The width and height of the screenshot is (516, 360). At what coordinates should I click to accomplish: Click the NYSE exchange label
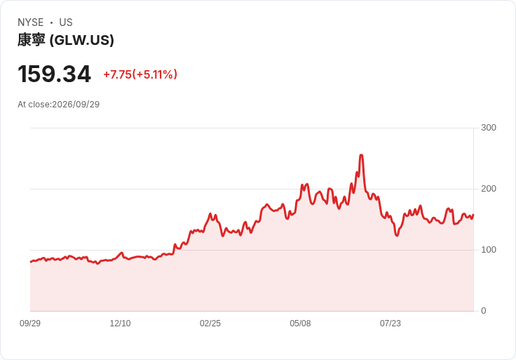[x=31, y=22]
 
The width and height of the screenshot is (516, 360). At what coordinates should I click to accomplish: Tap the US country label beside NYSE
[x=66, y=22]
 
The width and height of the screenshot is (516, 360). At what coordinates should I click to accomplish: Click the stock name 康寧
[x=32, y=40]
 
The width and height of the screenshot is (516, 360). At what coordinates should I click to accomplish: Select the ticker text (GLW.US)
[x=81, y=40]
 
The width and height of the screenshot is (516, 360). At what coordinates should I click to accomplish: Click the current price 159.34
[x=54, y=74]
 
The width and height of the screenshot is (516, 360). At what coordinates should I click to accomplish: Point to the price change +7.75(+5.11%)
[x=140, y=74]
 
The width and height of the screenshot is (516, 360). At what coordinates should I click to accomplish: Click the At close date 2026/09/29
[x=76, y=105]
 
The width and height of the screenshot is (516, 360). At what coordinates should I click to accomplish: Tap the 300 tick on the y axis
[x=489, y=128]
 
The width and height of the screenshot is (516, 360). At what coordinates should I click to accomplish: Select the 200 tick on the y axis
[x=489, y=189]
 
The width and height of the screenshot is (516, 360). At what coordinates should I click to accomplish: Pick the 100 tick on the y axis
[x=489, y=250]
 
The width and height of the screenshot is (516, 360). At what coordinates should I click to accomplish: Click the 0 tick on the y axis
[x=484, y=311]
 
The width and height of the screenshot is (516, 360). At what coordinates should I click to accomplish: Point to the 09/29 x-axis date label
[x=30, y=324]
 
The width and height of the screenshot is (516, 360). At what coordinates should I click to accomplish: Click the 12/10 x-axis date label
[x=120, y=324]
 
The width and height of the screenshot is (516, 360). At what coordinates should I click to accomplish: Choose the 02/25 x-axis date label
[x=210, y=324]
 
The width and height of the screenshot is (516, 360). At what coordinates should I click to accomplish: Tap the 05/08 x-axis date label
[x=300, y=324]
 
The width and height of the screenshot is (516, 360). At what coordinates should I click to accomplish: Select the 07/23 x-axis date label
[x=391, y=324]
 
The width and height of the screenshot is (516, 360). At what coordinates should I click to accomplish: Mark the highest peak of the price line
[x=361, y=155]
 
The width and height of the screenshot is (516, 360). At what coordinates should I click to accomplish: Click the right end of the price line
[x=473, y=215]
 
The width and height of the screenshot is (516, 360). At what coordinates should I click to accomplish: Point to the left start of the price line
[x=31, y=262]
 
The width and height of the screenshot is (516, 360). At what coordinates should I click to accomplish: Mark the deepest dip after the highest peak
[x=397, y=236]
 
